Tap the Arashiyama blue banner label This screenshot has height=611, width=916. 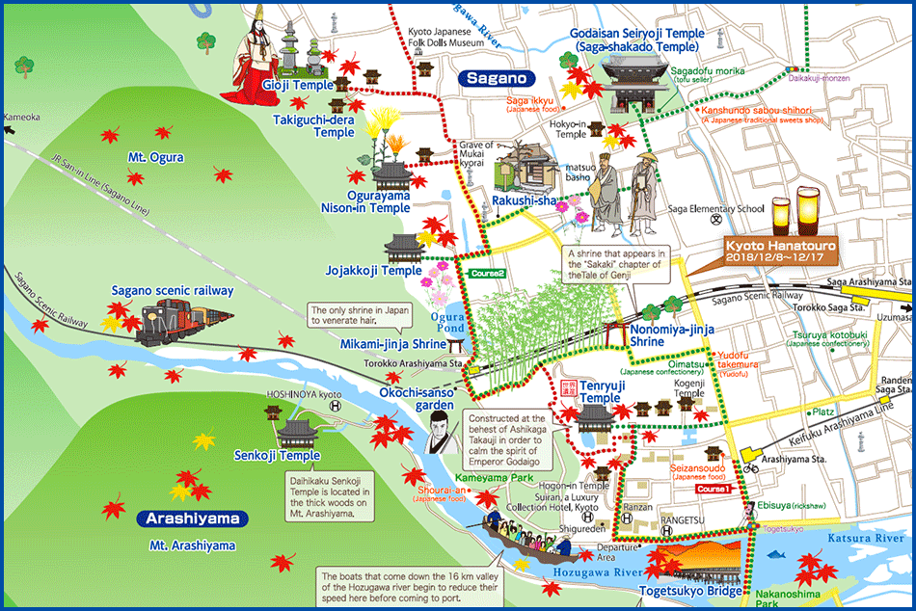(x=192, y=519)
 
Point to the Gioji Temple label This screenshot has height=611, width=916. (x=298, y=85)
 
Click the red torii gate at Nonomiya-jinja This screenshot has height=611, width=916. (x=617, y=332)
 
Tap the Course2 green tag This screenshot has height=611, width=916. (x=487, y=274)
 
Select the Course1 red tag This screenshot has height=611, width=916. (x=714, y=489)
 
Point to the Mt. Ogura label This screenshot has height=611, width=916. (x=155, y=157)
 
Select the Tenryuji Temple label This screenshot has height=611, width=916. (x=600, y=391)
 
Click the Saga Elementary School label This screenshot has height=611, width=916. (x=718, y=209)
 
